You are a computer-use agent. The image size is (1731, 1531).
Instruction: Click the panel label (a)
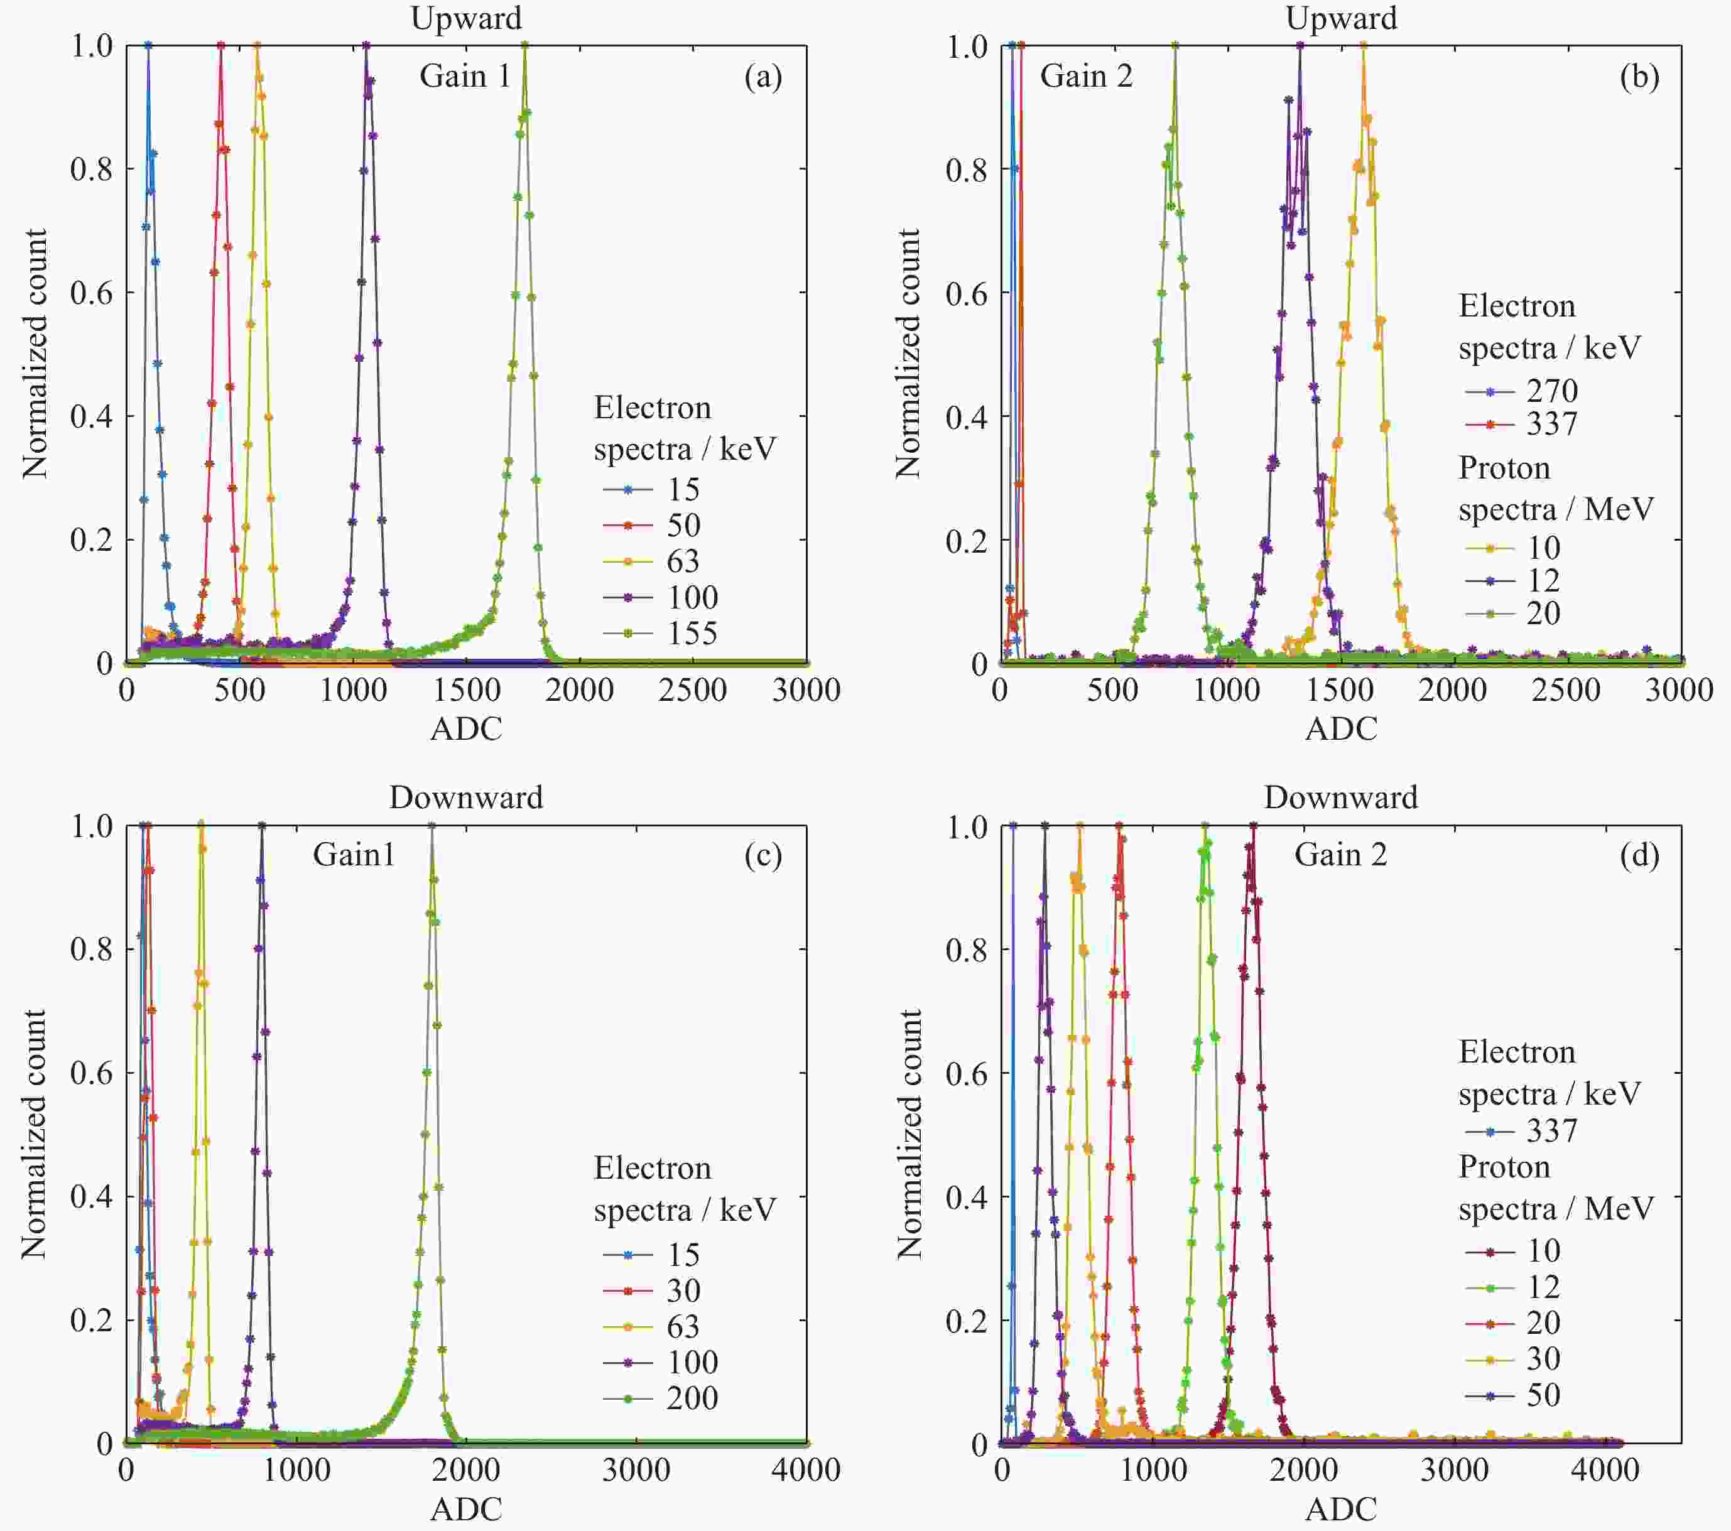(762, 77)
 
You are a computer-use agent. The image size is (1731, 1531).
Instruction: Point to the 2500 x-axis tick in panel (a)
(692, 690)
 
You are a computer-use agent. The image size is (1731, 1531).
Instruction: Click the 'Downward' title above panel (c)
(466, 798)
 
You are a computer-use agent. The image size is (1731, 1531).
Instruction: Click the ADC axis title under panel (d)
(1340, 1509)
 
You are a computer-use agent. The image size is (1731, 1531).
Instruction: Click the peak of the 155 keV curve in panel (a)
(525, 46)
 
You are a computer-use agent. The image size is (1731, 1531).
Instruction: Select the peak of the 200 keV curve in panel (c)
(432, 826)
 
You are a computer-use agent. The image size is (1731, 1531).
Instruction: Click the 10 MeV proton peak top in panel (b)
(1364, 46)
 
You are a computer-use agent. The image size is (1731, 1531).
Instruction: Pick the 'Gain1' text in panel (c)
(354, 855)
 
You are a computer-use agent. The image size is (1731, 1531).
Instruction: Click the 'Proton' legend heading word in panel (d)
(1503, 1167)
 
